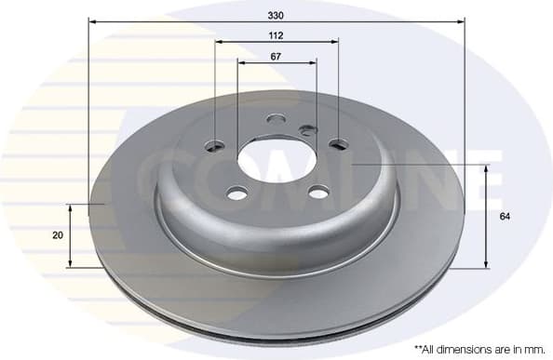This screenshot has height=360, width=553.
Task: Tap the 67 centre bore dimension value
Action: (276, 56)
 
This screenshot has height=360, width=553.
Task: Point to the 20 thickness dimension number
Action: (58, 235)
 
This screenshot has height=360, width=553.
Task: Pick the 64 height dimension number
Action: (504, 216)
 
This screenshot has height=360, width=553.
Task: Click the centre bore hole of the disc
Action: (276, 160)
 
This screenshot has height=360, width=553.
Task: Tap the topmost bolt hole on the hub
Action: (276, 119)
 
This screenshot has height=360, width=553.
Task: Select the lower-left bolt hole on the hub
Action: (237, 193)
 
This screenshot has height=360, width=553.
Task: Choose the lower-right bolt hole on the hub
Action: (318, 193)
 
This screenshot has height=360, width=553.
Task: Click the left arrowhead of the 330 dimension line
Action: (93, 20)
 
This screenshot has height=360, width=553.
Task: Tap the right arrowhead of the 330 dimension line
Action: (460, 20)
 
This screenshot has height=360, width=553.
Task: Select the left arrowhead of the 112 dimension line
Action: (219, 42)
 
